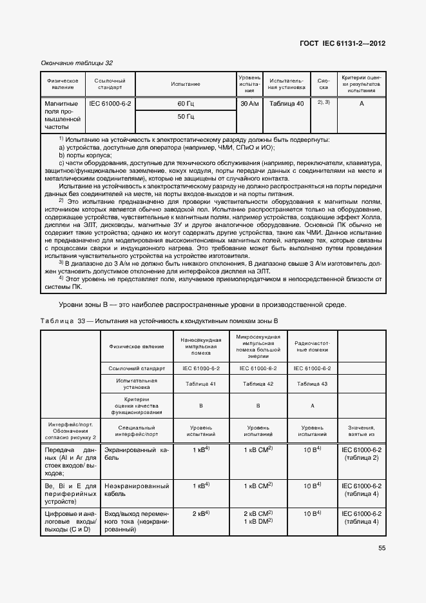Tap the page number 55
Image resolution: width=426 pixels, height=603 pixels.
pyautogui.click(x=382, y=548)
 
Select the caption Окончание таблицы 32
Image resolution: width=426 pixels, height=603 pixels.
pyautogui.click(x=77, y=63)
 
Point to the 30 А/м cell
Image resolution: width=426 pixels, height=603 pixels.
pyautogui.click(x=249, y=104)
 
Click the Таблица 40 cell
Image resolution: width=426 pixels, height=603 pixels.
pyautogui.click(x=287, y=104)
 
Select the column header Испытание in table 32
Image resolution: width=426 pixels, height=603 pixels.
pyautogui.click(x=186, y=84)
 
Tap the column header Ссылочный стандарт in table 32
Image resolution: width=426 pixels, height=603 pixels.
pyautogui.click(x=110, y=84)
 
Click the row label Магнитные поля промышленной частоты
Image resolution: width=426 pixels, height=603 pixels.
pyautogui.click(x=63, y=115)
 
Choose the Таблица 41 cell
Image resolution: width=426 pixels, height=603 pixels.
pyautogui.click(x=201, y=384)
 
